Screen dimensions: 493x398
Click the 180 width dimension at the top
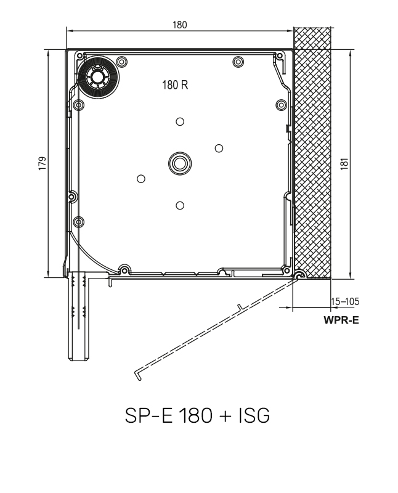(180, 25)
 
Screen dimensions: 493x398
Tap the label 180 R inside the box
(175, 86)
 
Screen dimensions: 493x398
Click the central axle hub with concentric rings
(179, 163)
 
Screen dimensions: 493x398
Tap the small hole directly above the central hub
(179, 121)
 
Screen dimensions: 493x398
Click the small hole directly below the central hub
(179, 205)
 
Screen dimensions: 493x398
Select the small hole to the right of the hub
(218, 147)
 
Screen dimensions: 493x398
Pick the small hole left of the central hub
(140, 178)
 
